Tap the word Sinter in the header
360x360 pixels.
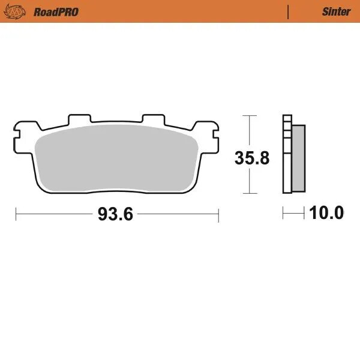(x=336, y=11)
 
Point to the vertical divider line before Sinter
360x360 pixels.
(x=289, y=11)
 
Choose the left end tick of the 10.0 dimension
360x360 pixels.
(x=284, y=212)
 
